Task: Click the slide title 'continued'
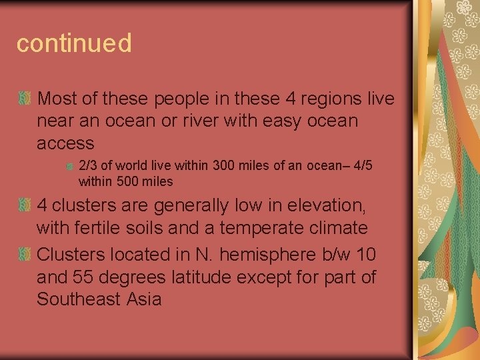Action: coord(74,43)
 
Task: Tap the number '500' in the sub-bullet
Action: coord(127,181)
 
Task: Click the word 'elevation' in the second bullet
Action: coord(325,205)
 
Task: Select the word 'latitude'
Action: coord(214,277)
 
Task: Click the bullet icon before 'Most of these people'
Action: coord(24,99)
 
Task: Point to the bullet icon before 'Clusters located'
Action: coord(24,255)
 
